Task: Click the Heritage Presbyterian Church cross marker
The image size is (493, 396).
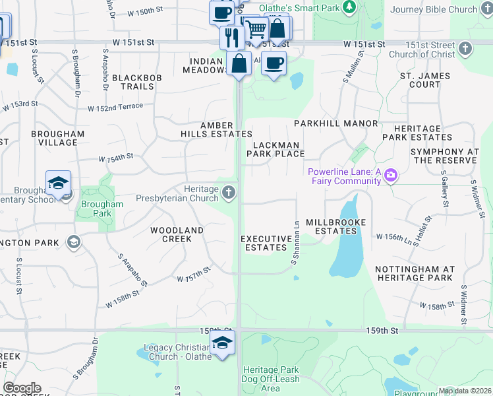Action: [x=228, y=193]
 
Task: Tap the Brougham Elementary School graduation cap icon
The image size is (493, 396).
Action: [x=58, y=184]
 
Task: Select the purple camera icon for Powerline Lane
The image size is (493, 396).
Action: [x=391, y=176]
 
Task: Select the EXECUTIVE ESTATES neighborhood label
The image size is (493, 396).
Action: [x=266, y=243]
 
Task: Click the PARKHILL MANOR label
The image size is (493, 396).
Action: [x=336, y=123]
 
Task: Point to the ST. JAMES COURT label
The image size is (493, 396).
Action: [x=425, y=80]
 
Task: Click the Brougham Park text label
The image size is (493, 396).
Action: [x=101, y=209]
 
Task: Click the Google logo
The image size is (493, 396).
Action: [x=22, y=388]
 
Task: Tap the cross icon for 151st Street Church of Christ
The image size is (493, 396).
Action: [x=465, y=49]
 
